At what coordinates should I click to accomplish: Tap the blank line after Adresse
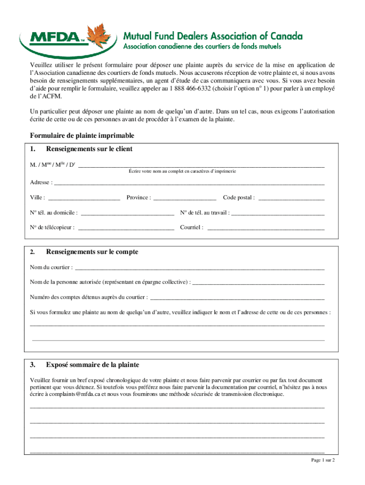click(190, 183)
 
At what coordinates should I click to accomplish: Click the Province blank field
click(185, 198)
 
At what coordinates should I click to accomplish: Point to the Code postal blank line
click(291, 198)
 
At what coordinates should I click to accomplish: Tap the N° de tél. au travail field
click(278, 213)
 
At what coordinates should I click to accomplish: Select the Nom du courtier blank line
click(200, 268)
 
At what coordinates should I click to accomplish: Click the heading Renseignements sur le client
click(89, 149)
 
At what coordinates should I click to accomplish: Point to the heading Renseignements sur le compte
click(92, 252)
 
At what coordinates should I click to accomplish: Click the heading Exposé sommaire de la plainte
click(92, 365)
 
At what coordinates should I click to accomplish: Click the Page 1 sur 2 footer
click(323, 460)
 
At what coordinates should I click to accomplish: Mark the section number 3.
click(33, 365)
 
